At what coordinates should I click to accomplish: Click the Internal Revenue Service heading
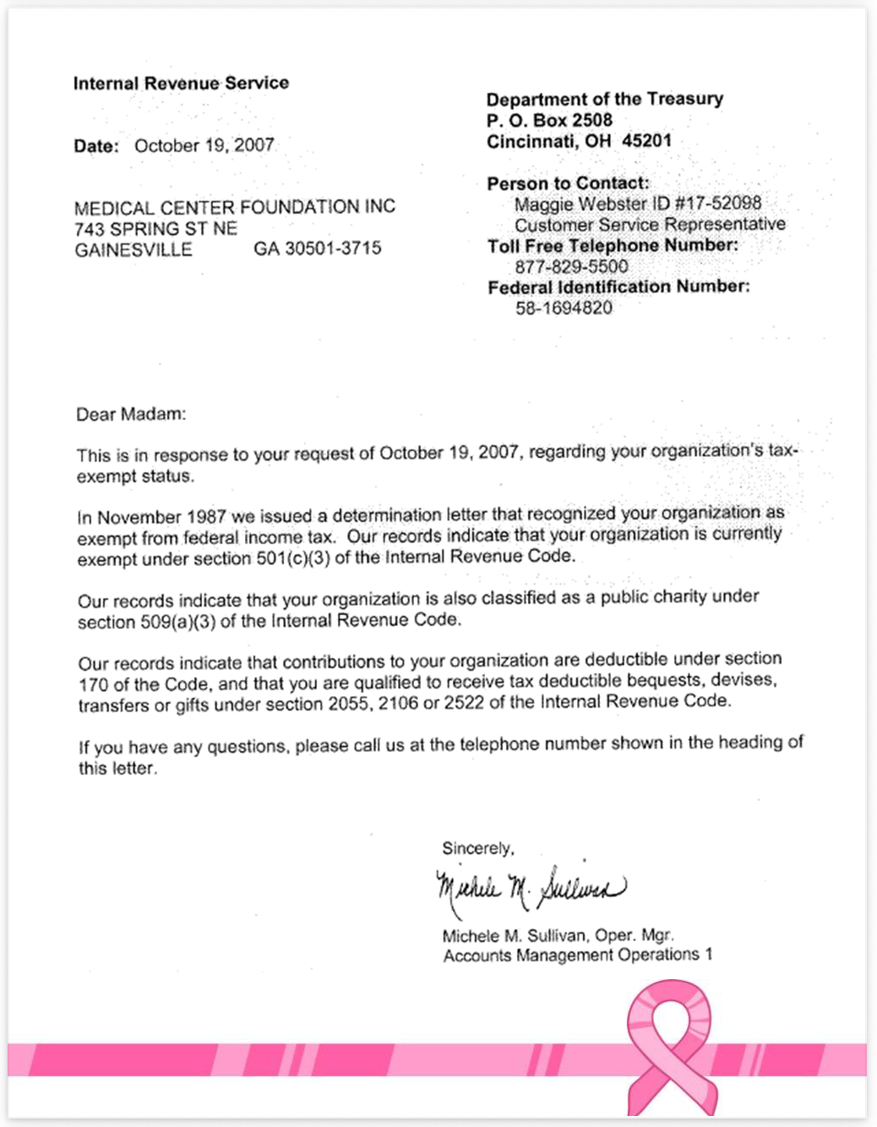(181, 83)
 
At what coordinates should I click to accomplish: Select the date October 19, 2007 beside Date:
(204, 145)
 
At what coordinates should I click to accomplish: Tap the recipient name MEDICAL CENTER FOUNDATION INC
(234, 207)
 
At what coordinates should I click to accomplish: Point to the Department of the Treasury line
(604, 99)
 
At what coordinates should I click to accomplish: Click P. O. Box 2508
(549, 120)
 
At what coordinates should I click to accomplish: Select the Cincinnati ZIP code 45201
(646, 140)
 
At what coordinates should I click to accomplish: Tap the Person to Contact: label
(568, 183)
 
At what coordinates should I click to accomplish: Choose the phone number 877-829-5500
(571, 266)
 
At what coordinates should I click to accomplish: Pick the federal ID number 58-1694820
(564, 308)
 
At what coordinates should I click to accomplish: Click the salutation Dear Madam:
(131, 414)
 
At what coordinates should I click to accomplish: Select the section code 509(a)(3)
(178, 622)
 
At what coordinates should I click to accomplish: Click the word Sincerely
(477, 848)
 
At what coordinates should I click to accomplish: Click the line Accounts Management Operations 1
(577, 955)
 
